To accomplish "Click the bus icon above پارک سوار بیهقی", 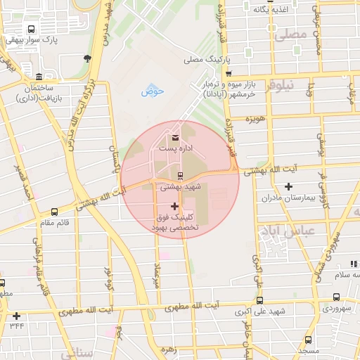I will point(30,30).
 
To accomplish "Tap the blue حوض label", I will point(152,91).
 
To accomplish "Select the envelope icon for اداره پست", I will point(174,136).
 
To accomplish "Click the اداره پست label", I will point(175,149).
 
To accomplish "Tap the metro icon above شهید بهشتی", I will point(181,176).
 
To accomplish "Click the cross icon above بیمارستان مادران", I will point(288,186).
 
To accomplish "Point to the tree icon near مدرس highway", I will point(86,58).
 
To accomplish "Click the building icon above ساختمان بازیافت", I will point(38,76).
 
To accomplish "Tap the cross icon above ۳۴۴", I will point(16,316).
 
